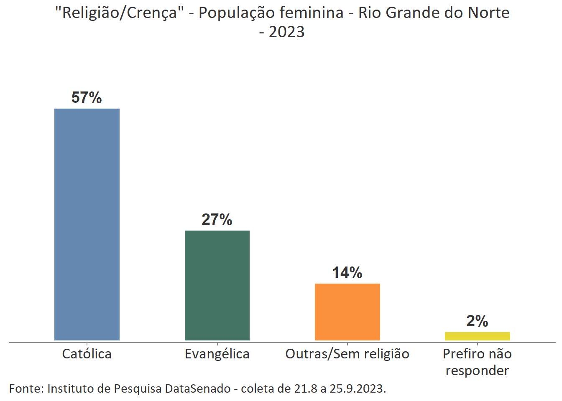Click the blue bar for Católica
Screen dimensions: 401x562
[87, 224]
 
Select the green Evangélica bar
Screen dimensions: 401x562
[217, 285]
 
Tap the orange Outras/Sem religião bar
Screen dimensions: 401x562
[347, 312]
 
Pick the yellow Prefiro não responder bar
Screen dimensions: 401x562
[477, 336]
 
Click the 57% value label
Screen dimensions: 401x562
[87, 98]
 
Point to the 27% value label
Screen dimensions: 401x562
[217, 220]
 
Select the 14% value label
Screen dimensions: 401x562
[347, 273]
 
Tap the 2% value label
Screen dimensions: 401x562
[477, 321]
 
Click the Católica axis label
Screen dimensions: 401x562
[87, 354]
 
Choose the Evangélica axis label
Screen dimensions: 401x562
[217, 354]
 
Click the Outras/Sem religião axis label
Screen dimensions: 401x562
[347, 354]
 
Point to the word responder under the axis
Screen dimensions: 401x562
[477, 371]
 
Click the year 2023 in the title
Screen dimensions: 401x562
[286, 32]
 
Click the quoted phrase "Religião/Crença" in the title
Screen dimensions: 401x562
[120, 13]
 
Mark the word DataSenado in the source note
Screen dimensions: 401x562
[198, 389]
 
